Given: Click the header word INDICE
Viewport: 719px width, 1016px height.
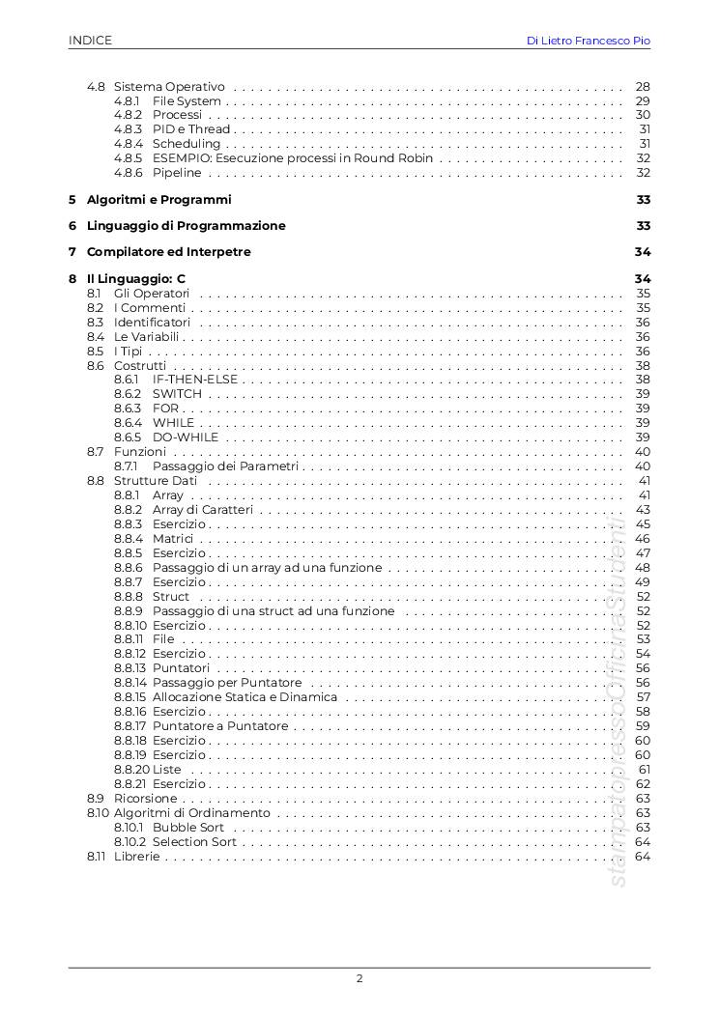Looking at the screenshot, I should coord(90,41).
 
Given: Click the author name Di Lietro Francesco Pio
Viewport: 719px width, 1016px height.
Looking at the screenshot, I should coord(588,41).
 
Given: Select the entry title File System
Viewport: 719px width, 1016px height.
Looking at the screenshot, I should coord(187,100).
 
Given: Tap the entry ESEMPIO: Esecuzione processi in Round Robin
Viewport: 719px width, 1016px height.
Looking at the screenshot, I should coord(293,158).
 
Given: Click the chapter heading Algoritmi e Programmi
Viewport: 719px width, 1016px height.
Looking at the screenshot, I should coord(158,200).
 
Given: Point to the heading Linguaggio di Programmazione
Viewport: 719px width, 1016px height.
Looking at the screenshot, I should coord(186,226).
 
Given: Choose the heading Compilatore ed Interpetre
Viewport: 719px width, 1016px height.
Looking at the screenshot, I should coord(168,252).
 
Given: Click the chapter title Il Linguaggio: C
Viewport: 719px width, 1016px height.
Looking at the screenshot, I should coord(135,279).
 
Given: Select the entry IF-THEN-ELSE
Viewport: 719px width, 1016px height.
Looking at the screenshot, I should coord(194,380).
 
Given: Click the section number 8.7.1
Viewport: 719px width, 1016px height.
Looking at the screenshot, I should coord(127,466).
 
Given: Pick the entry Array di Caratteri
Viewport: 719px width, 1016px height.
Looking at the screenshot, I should coord(203,510).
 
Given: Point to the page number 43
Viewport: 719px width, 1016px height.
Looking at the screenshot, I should coord(643,510).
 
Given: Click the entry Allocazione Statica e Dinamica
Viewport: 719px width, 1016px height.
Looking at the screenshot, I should coord(244,697).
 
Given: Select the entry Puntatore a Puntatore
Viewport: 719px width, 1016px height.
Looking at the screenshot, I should coord(220,726).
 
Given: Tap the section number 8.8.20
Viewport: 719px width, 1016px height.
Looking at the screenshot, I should coord(131,770).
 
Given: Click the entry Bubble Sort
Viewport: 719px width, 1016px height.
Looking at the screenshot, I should coord(188,828).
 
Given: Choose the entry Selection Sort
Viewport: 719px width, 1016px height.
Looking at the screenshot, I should coord(194,842).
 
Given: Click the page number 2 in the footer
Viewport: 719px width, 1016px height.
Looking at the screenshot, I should coord(359,978).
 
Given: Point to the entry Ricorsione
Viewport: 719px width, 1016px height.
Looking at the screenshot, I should coord(145,799).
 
